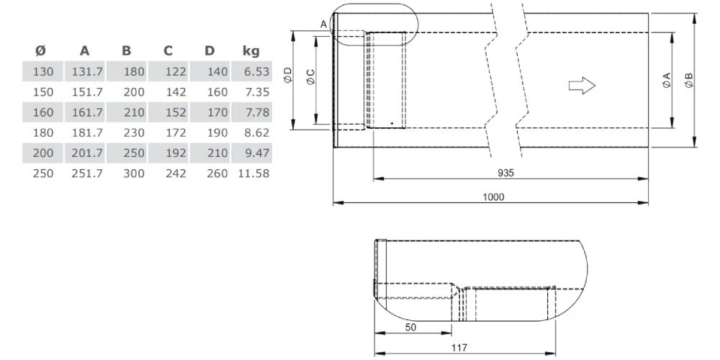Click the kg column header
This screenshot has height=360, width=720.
tap(251, 51)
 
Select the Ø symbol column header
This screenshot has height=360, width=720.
tap(40, 51)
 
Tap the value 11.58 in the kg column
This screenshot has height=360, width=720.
tap(253, 174)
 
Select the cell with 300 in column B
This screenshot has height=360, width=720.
tap(133, 174)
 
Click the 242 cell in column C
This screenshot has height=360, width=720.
tap(174, 174)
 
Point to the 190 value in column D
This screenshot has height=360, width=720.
tap(216, 133)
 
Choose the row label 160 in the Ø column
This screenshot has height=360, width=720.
tap(43, 113)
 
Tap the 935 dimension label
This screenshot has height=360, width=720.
tap(506, 173)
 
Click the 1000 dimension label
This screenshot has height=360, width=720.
tap(493, 197)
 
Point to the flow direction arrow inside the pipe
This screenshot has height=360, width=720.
tap(582, 86)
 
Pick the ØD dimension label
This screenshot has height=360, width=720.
tap(287, 75)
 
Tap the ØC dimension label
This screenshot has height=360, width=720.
tap(310, 78)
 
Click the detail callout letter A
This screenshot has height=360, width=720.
tap(323, 24)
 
